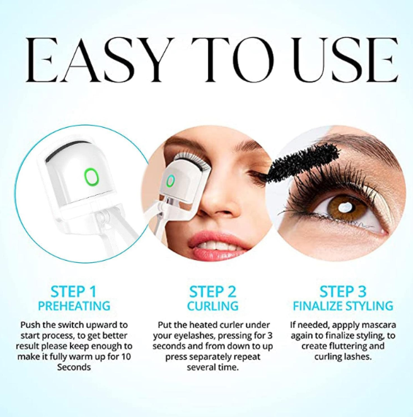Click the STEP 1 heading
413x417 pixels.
pos(74,291)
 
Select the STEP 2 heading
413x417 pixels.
pos(212,291)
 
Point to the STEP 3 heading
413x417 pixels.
pos(343,291)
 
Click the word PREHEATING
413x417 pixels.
pos(74,306)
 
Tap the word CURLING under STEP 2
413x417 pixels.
pos(212,306)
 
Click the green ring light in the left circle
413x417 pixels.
pos(85,177)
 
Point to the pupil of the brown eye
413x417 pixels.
pos(344,207)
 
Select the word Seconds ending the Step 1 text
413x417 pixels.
pos(74,367)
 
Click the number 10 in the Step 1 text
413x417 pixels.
pos(126,356)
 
